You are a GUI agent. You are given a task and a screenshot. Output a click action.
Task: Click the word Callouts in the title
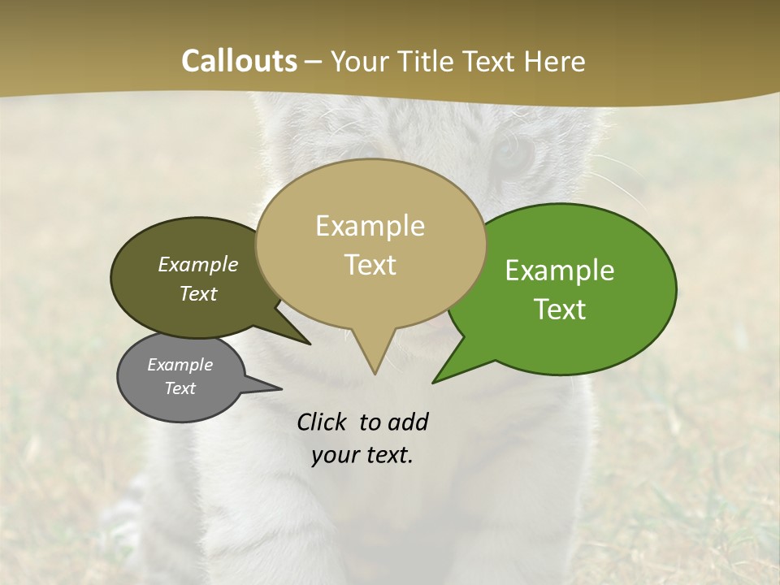[x=239, y=61]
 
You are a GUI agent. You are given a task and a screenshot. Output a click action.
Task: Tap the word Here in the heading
[x=556, y=61]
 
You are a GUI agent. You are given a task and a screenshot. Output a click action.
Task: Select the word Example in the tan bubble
[x=370, y=226]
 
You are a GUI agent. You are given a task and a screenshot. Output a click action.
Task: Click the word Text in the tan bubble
[x=370, y=265]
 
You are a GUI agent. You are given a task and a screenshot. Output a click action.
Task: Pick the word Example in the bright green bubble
[x=560, y=271]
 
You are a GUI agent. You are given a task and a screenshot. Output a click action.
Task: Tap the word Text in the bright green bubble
[x=560, y=310]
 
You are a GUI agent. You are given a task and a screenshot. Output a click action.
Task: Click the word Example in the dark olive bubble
[x=197, y=265]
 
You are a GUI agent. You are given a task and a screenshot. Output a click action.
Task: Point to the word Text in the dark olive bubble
[x=197, y=293]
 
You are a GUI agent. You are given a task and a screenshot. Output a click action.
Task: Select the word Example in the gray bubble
[x=180, y=365]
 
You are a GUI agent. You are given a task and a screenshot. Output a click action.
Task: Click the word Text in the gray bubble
[x=180, y=388]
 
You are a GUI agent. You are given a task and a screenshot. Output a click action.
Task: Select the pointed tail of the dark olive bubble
[x=305, y=340]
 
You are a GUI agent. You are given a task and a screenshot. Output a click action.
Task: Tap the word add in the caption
[x=408, y=422]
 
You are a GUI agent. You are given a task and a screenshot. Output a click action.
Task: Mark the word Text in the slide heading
[x=491, y=61]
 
